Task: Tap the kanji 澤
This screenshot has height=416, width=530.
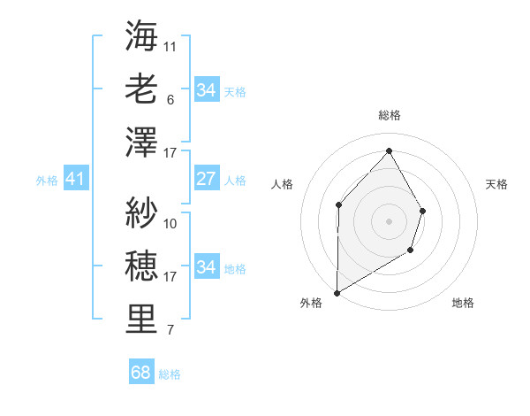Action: tap(141, 143)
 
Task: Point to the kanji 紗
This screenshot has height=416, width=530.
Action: tap(141, 212)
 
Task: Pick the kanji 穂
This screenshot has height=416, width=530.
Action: tap(141, 266)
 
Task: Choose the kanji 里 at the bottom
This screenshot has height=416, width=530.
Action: tap(141, 320)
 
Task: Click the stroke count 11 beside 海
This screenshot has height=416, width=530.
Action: tap(170, 45)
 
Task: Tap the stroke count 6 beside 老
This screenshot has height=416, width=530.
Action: tap(170, 99)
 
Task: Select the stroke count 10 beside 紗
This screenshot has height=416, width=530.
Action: tap(170, 223)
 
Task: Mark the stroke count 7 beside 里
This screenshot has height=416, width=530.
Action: tap(170, 331)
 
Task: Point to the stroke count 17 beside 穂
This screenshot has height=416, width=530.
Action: tap(170, 277)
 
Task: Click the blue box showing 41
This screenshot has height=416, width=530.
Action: tap(75, 180)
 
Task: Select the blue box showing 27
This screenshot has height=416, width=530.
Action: tap(206, 180)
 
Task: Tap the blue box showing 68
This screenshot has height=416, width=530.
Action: tap(140, 373)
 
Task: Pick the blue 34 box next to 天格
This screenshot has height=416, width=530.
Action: tap(206, 90)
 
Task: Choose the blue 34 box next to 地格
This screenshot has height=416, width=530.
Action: tap(206, 267)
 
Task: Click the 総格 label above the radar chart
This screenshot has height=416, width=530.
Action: tap(390, 115)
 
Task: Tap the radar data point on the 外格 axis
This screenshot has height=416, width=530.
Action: tap(337, 292)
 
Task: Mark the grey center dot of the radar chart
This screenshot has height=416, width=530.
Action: tap(389, 220)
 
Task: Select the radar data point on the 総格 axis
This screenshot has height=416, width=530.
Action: tap(389, 150)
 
